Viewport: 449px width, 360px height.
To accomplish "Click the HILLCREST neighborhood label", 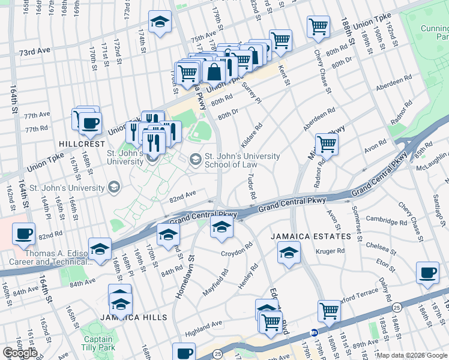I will [x=82, y=145].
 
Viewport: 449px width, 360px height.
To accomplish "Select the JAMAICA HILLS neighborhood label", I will [x=127, y=317].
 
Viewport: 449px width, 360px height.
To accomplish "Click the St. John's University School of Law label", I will [x=242, y=161].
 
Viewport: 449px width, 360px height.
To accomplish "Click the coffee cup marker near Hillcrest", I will [x=90, y=124].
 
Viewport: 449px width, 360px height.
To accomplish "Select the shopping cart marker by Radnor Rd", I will [x=327, y=144].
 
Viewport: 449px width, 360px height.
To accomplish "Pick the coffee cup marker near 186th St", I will [x=427, y=273].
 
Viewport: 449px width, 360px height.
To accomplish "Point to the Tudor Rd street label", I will [x=252, y=187].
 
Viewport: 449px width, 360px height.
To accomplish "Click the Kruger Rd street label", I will [x=331, y=251].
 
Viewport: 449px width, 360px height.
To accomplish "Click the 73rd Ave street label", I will [x=34, y=53].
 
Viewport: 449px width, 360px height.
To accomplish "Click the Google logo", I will [x=20, y=353].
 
